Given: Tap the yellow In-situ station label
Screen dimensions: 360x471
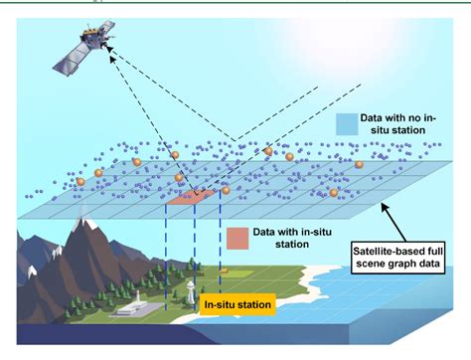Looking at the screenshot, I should point(236,305).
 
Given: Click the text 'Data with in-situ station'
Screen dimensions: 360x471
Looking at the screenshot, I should point(291,239).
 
